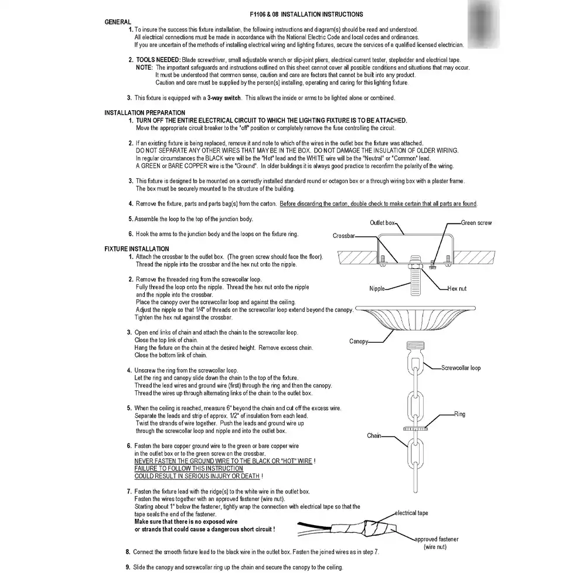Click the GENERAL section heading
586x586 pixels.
117,22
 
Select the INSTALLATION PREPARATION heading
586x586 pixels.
145,113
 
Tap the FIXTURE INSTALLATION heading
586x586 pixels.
137,249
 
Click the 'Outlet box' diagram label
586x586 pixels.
383,223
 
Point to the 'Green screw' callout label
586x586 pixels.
476,223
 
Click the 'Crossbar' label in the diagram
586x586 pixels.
344,236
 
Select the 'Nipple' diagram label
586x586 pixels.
377,289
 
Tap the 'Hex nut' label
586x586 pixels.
457,289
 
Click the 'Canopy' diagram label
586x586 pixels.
359,342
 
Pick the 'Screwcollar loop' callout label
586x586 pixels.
461,368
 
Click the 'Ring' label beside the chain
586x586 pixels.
459,414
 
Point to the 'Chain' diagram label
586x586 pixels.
374,436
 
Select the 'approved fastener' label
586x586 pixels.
437,539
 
